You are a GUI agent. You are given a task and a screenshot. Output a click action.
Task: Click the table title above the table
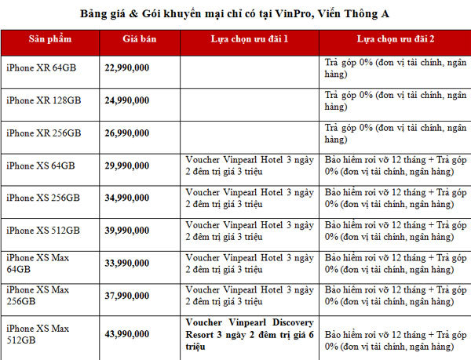[x=235, y=13]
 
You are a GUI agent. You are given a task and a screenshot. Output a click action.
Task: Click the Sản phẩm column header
[x=49, y=38]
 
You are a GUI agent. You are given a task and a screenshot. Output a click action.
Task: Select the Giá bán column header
[x=140, y=38]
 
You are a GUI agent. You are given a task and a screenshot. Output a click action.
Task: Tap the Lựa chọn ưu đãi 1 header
[x=249, y=38]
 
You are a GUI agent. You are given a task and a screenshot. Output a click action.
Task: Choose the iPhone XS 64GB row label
[x=41, y=165]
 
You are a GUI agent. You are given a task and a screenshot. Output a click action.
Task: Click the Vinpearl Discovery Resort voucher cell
[x=250, y=333]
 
